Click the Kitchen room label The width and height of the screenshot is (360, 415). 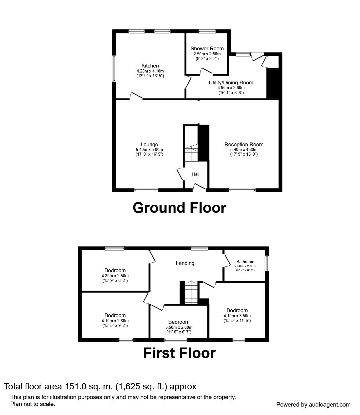click(x=150, y=66)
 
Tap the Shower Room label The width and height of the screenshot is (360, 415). click(x=207, y=48)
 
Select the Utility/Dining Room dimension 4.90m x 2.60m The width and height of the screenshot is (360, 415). click(x=231, y=88)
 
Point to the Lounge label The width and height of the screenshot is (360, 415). click(x=149, y=144)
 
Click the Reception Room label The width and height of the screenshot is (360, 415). click(x=244, y=144)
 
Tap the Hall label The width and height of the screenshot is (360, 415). click(x=196, y=174)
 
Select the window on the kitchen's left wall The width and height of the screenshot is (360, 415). click(x=114, y=69)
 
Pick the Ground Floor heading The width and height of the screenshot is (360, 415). click(x=179, y=208)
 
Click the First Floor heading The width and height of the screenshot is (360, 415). click(x=179, y=353)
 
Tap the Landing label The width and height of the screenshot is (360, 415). click(x=185, y=263)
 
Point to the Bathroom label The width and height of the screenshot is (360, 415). click(x=245, y=262)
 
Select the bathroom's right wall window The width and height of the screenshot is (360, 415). click(x=266, y=263)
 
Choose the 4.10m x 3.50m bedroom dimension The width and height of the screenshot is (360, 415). click(x=237, y=316)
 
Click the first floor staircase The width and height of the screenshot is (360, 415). click(x=190, y=292)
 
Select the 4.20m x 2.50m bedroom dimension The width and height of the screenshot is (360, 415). click(x=115, y=276)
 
